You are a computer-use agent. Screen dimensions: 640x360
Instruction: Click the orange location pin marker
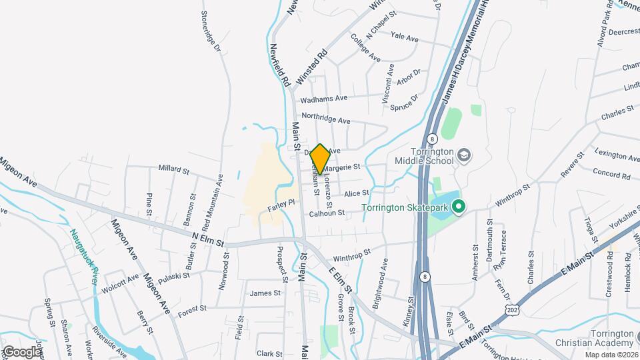coord(320,159)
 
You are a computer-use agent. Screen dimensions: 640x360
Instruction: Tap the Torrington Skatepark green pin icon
coord(458,207)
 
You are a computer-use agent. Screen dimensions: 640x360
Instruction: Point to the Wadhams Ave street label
coord(324,98)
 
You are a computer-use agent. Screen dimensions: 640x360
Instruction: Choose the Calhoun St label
coord(327,214)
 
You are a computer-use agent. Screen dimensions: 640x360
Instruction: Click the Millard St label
coord(174,169)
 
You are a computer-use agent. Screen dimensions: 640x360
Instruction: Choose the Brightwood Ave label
coord(385,273)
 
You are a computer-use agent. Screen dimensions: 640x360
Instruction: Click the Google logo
coord(22,351)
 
